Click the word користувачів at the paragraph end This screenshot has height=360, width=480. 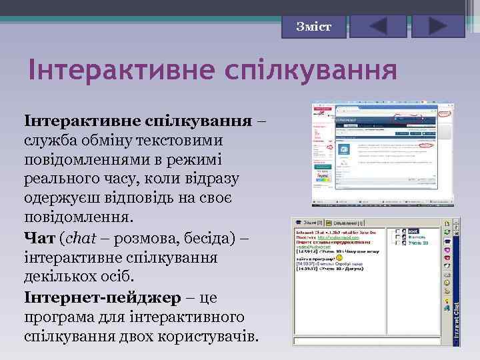[206, 335]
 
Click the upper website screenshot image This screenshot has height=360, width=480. [382, 154]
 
